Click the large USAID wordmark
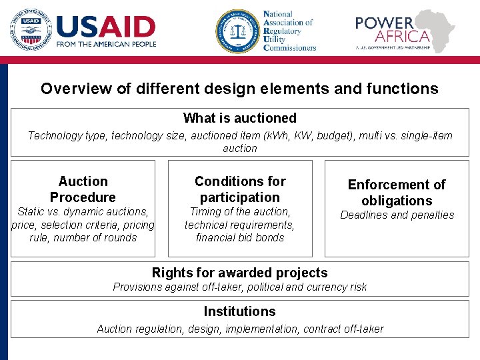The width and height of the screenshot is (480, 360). point(106,26)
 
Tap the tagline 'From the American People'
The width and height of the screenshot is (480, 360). point(107,45)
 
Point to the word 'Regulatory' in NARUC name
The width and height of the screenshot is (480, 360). point(287,31)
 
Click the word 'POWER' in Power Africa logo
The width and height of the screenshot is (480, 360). point(384,23)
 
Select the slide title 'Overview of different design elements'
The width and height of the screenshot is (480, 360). point(239,89)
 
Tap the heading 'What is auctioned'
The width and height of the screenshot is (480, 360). point(239,118)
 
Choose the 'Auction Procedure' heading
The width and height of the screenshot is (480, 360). point(83,189)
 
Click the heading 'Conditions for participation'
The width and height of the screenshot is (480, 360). point(239,189)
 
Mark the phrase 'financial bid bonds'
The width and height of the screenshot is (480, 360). point(239,238)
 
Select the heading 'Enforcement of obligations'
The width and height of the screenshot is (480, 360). point(397,193)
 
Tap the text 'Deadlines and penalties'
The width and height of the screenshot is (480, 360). point(397,215)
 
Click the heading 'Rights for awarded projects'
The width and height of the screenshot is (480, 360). point(239,273)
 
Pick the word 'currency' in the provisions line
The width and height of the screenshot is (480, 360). point(323,287)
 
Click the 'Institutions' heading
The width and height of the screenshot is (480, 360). point(239,311)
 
